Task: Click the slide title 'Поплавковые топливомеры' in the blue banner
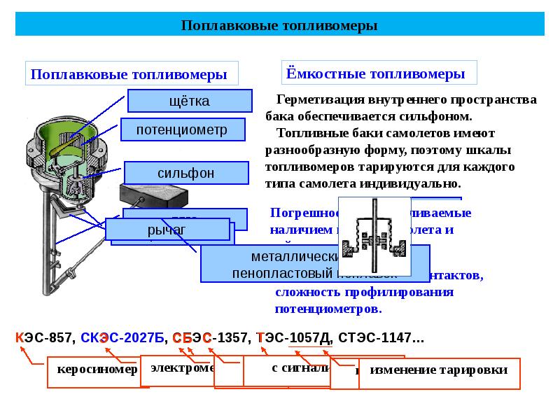(x=279, y=26)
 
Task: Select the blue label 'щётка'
(x=190, y=101)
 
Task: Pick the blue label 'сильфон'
(x=186, y=173)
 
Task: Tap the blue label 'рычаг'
(x=168, y=230)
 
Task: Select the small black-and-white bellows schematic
(x=374, y=238)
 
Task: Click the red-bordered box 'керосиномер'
(x=92, y=371)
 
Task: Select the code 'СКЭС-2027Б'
(x=122, y=338)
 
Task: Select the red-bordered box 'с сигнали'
(x=287, y=369)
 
